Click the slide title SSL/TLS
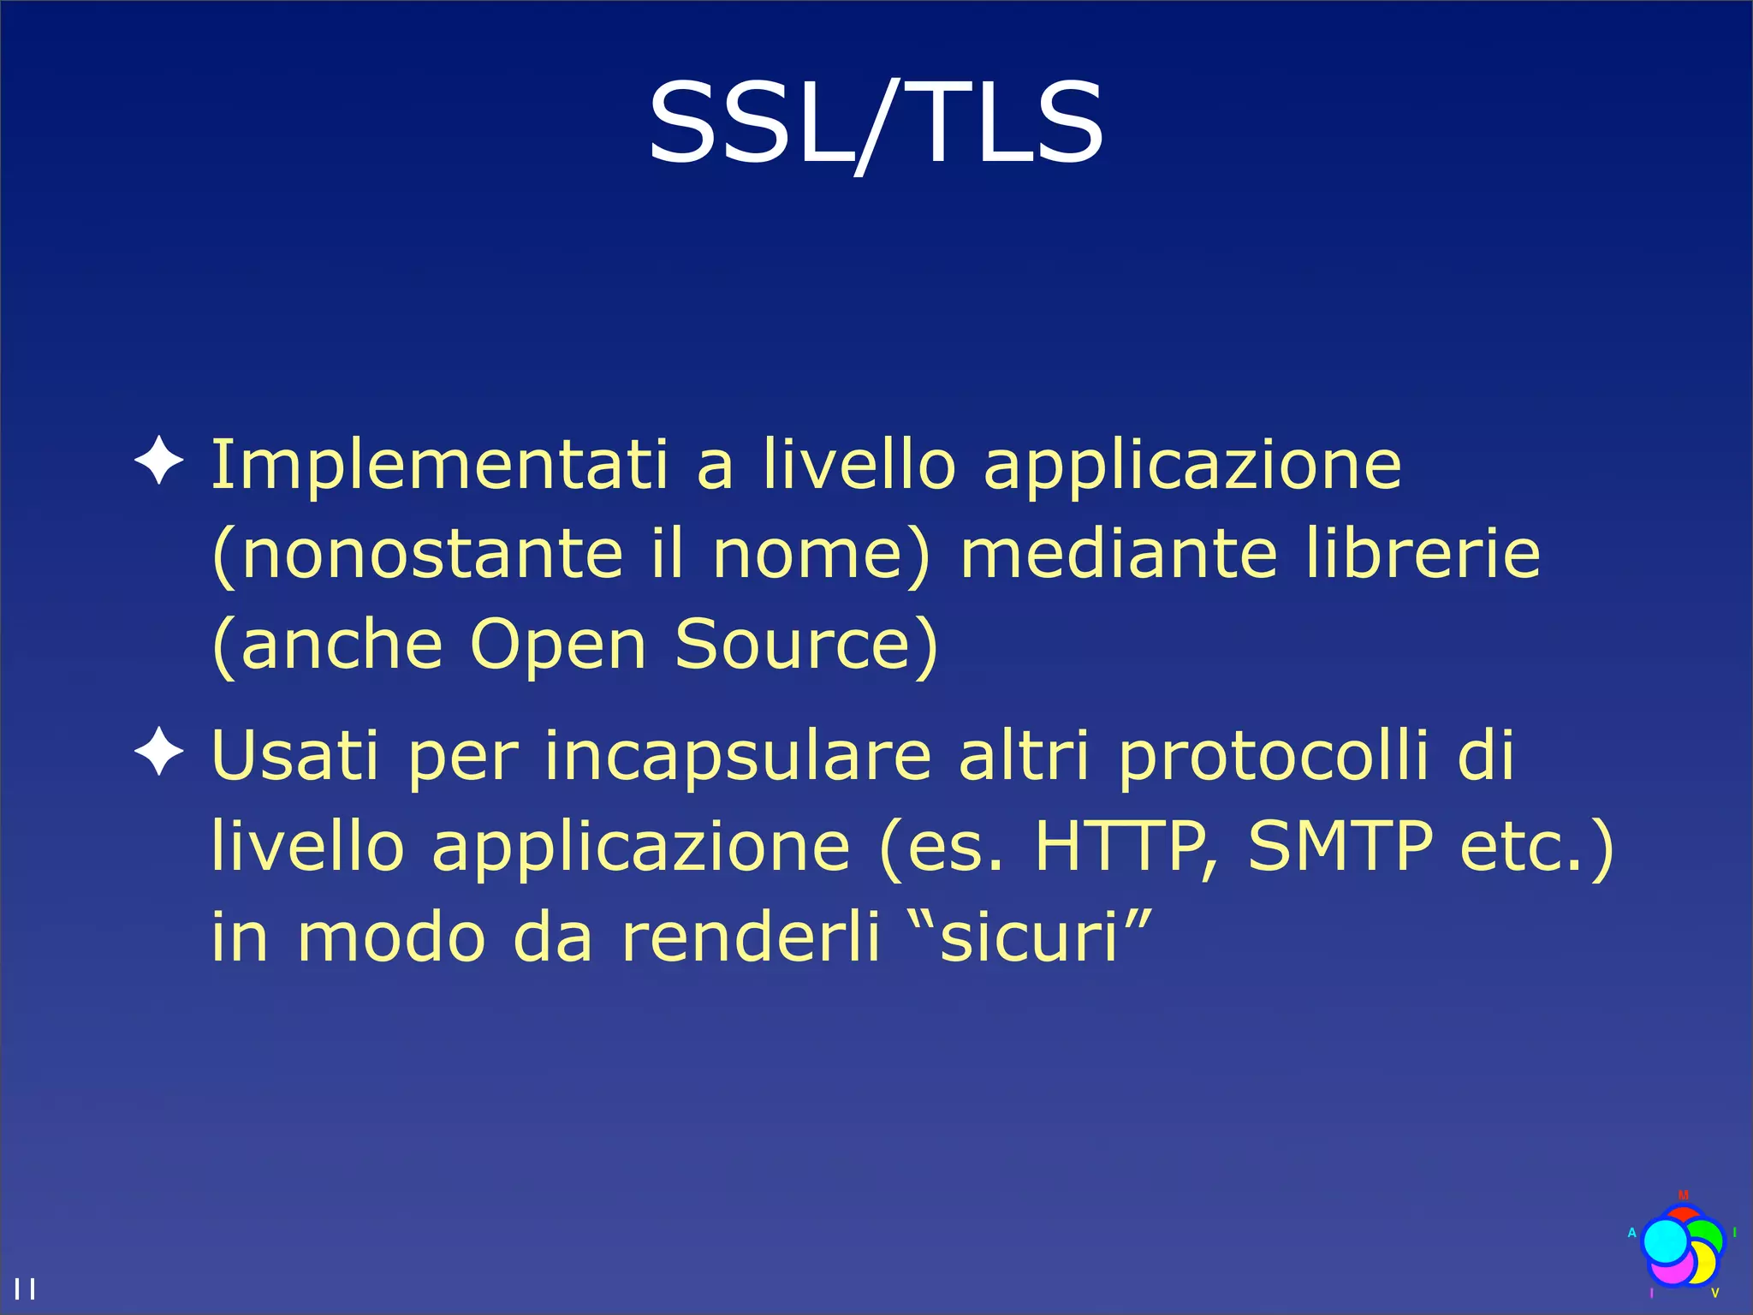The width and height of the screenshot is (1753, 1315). coord(876,124)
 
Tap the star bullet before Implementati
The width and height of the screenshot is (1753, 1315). coord(159,460)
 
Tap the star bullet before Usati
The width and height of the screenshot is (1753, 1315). coord(159,752)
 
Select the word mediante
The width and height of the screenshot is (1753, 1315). coord(1119,554)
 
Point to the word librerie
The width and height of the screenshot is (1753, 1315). coord(1423,554)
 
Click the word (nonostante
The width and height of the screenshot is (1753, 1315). coord(417,554)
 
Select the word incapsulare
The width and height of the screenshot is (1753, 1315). coord(737,756)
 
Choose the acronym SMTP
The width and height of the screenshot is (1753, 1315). coord(1340,846)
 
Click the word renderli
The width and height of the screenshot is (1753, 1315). coord(751,936)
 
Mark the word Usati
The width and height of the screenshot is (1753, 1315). coord(294,756)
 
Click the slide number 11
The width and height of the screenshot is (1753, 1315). coord(25,1288)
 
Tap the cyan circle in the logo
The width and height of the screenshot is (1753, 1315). coord(1665,1241)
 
